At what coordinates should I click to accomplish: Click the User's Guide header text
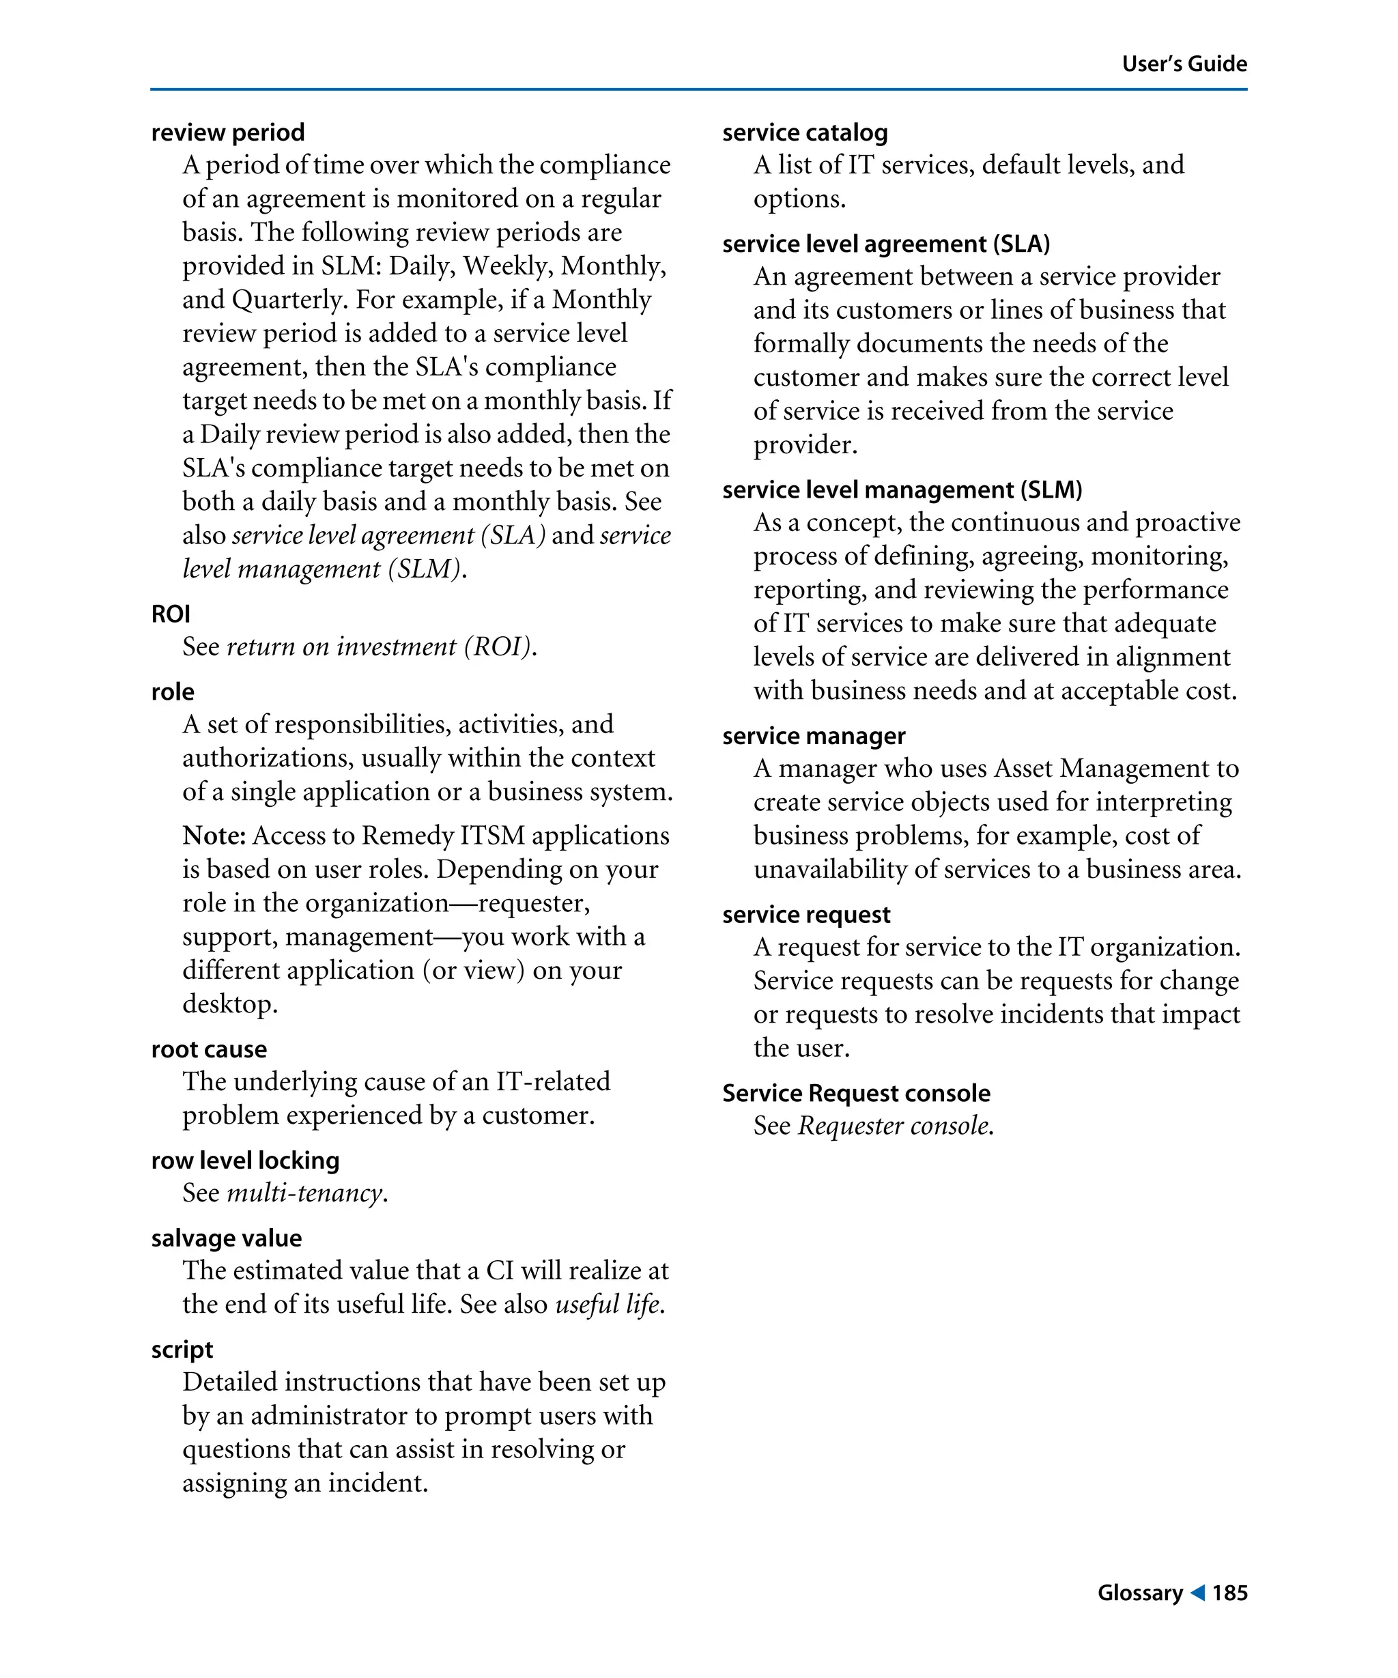(x=1183, y=64)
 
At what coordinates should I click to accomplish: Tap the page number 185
(x=1229, y=1593)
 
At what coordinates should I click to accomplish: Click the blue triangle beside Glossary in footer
(x=1197, y=1593)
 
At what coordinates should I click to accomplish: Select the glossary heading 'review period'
(x=228, y=132)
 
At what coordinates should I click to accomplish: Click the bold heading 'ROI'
(x=170, y=614)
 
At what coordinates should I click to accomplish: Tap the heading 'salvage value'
(x=226, y=1238)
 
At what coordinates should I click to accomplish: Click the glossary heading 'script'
(x=182, y=1349)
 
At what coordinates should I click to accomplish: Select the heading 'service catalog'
(x=804, y=132)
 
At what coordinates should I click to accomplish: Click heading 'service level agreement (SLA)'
(x=885, y=243)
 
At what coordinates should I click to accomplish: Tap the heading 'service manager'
(x=813, y=735)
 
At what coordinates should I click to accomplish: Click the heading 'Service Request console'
(x=855, y=1092)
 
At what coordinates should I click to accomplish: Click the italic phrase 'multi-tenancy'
(x=304, y=1193)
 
